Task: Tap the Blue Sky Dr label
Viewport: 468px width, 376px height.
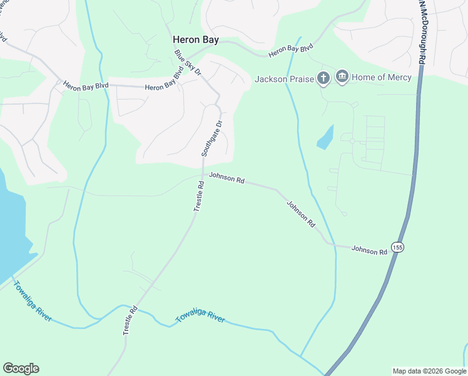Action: coord(188,63)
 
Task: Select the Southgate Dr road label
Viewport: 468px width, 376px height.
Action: coord(211,139)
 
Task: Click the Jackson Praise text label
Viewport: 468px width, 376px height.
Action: coord(284,79)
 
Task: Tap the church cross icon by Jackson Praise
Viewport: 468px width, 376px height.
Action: coord(323,78)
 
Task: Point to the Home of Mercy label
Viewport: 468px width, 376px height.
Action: coord(382,78)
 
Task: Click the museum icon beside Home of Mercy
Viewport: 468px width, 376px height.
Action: coord(342,78)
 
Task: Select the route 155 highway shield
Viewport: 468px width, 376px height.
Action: coord(398,247)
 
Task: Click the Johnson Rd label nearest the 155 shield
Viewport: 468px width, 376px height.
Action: coord(369,250)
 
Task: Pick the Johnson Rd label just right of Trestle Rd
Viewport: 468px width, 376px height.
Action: coord(226,178)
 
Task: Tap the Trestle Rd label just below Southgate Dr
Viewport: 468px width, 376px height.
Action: coord(199,196)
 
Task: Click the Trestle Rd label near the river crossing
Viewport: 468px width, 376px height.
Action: coord(130,320)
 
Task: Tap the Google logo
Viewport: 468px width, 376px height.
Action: coord(21,368)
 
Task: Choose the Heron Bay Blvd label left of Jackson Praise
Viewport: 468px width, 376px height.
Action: coord(290,51)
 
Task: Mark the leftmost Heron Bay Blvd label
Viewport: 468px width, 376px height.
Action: coord(86,88)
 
